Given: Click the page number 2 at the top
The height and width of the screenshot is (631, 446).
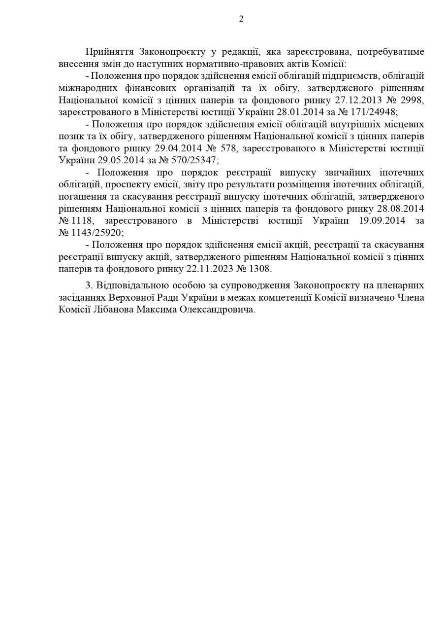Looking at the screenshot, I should pyautogui.click(x=241, y=19).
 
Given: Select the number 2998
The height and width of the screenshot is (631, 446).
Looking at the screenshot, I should pyautogui.click(x=413, y=100).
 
